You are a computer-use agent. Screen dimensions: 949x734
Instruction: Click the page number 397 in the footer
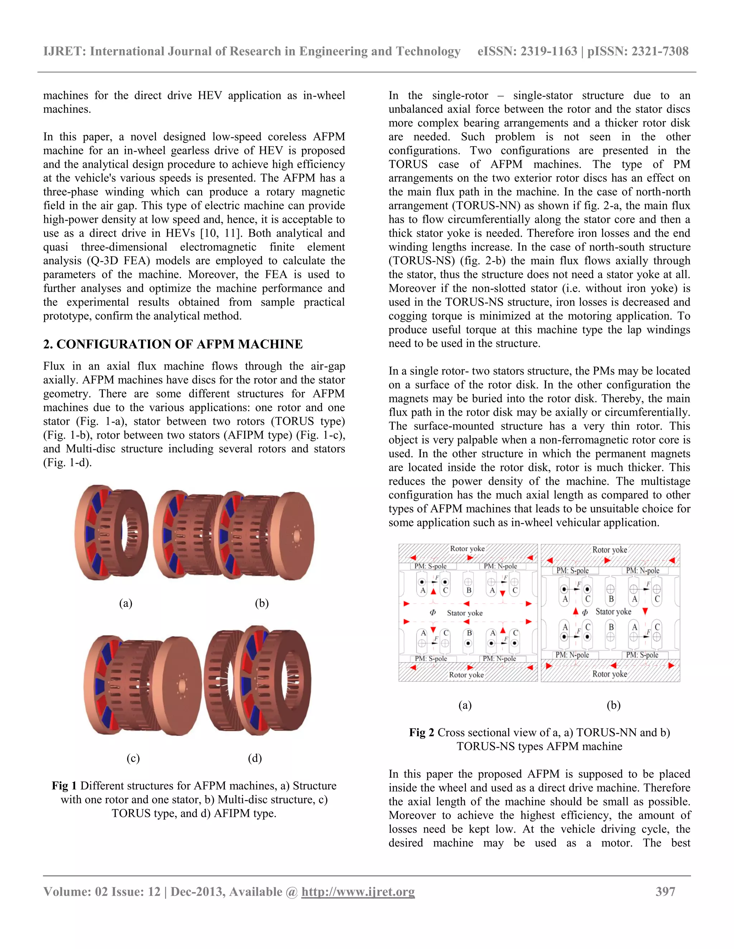[665, 892]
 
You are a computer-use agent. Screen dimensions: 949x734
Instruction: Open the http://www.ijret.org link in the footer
[358, 892]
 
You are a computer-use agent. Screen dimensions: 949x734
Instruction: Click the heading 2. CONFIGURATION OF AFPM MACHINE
[173, 344]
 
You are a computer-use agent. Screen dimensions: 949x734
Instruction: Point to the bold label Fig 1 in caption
[65, 786]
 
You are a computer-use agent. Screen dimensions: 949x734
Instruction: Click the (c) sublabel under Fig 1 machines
[133, 758]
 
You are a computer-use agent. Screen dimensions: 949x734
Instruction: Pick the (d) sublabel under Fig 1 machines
[255, 758]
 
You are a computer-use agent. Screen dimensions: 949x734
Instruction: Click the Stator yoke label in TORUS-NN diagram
[464, 613]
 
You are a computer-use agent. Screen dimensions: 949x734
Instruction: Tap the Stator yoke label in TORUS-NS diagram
[613, 611]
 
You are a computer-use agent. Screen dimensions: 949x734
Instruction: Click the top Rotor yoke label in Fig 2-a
[467, 549]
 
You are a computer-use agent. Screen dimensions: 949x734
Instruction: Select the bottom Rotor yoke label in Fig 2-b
[610, 674]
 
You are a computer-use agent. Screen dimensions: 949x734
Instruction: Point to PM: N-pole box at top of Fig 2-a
[500, 566]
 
